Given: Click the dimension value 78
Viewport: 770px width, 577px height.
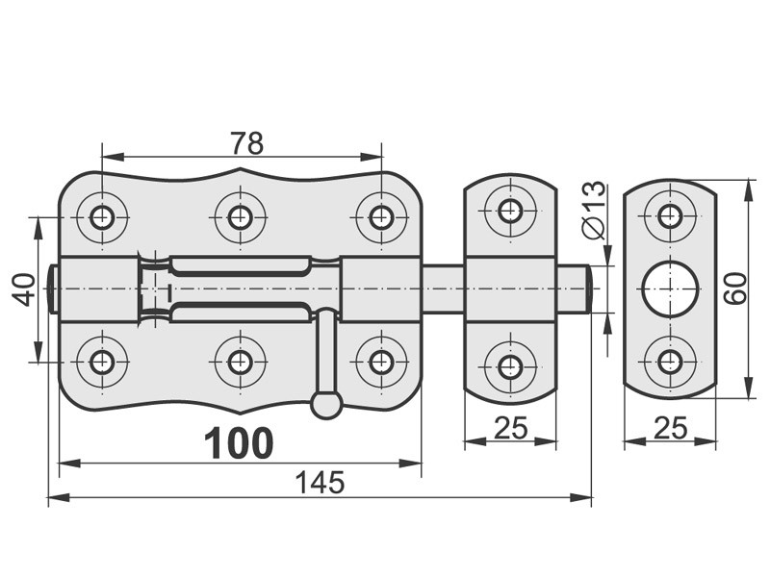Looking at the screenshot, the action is coord(247,143).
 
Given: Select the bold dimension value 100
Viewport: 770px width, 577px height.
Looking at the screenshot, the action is coord(239,443).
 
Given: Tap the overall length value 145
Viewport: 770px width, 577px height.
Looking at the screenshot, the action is coord(320,483).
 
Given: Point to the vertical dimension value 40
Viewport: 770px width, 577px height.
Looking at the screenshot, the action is coord(23,290).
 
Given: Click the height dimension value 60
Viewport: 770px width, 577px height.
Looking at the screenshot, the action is coord(735,289).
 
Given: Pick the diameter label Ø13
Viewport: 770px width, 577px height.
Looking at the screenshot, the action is coord(593,210).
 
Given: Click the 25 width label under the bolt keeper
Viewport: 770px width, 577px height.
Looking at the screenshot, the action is coord(511,427).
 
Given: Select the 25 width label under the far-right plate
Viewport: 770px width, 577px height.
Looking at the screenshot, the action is coord(671,428).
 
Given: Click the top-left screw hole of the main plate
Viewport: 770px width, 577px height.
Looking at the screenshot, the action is coord(102,216).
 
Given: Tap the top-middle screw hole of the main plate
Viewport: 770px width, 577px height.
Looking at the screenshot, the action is coord(240,216).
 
